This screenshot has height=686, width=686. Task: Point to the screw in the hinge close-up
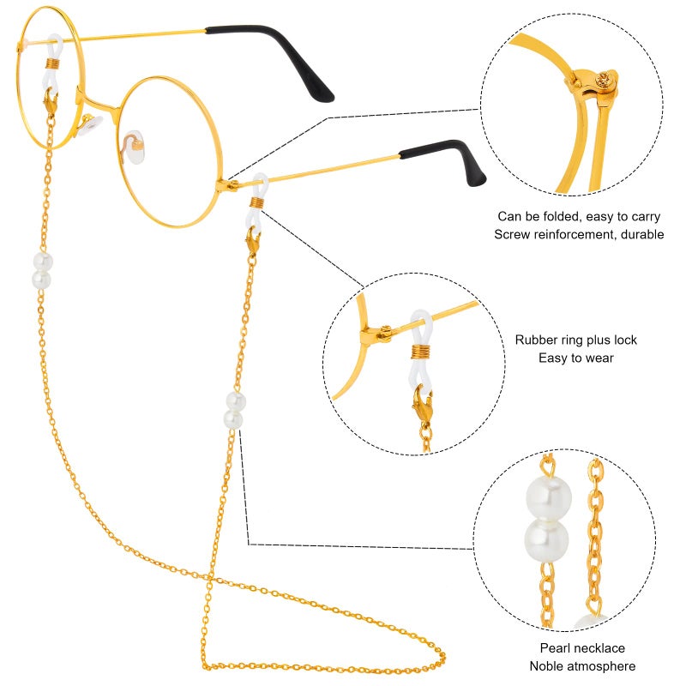603,80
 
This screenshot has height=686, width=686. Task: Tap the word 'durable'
642,234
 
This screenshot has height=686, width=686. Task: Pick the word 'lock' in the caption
625,340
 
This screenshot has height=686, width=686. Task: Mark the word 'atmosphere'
606,666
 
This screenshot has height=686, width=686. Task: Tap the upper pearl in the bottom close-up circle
549,497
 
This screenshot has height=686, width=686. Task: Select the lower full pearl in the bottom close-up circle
547,541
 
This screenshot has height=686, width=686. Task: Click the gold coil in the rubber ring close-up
421,352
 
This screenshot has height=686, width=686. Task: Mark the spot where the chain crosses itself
209,579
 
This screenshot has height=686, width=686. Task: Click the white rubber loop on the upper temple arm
54,61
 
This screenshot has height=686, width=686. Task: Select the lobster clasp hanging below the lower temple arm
252,240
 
